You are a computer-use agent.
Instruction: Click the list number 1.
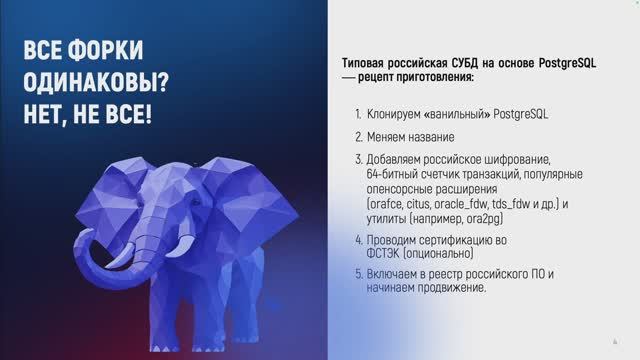click(358, 115)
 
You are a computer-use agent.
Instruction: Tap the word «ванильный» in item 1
click(469, 115)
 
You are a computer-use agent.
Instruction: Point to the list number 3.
click(358, 159)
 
